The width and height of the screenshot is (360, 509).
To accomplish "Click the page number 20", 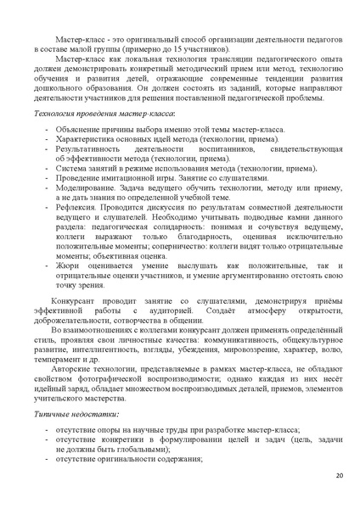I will [x=338, y=476].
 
